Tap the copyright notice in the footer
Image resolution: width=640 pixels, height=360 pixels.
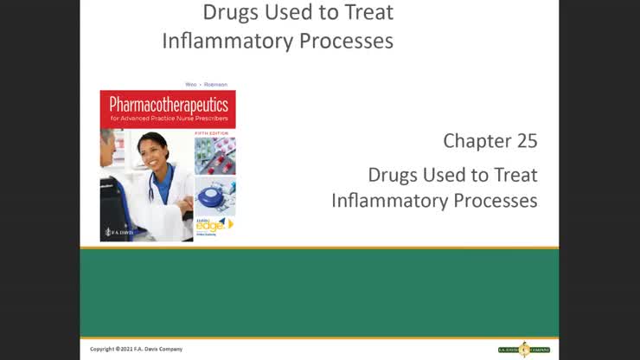[x=136, y=349]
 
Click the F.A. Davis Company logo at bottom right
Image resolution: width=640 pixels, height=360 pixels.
[x=523, y=349]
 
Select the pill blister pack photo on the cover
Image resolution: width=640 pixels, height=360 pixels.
[x=214, y=156]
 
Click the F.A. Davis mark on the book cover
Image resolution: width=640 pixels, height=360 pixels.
[x=115, y=232]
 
